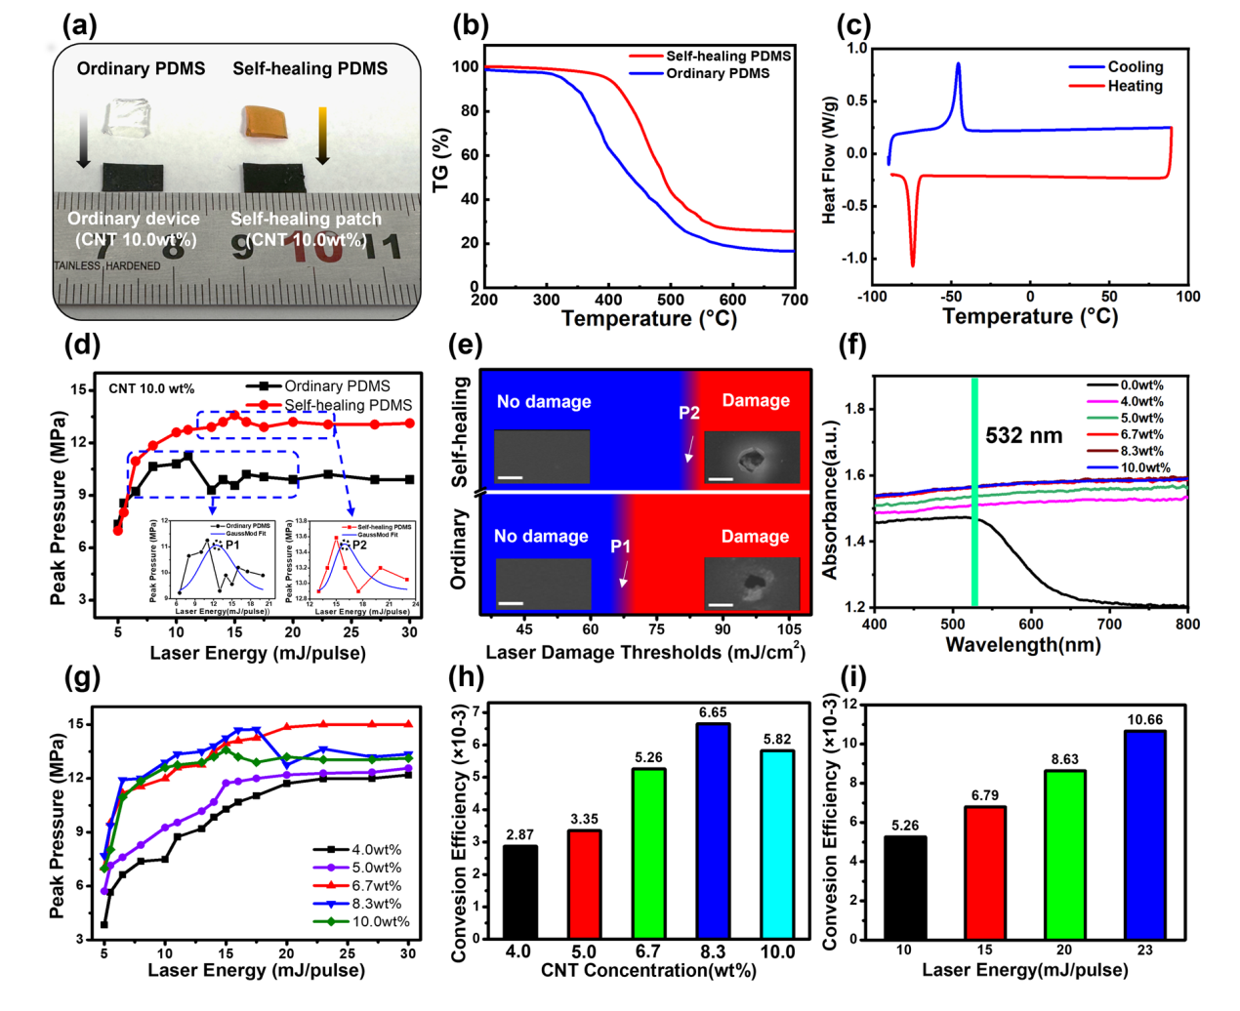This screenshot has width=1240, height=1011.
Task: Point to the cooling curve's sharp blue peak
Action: (958, 66)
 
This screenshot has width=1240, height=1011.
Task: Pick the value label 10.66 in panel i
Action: (1145, 720)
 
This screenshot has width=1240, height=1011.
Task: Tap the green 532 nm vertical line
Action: (974, 492)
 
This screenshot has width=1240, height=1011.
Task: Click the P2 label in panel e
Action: (689, 413)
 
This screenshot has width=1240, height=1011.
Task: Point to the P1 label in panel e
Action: (621, 546)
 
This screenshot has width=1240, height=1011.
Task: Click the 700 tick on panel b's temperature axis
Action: (795, 300)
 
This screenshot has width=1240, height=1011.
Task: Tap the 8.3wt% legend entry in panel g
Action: (376, 904)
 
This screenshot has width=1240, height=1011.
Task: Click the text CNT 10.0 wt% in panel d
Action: (151, 388)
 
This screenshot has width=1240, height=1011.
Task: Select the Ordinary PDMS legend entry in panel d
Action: (336, 386)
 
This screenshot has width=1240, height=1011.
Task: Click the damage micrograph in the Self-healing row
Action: (752, 458)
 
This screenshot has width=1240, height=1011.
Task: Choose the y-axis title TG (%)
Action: (441, 159)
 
